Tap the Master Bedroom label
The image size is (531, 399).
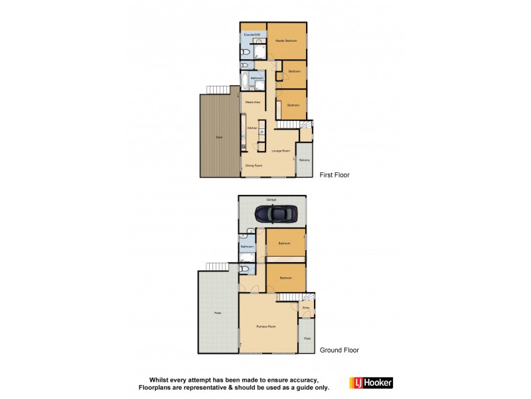(x=286, y=41)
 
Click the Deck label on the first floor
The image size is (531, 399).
(x=218, y=137)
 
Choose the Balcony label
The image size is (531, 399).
(x=304, y=160)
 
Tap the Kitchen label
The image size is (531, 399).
(x=252, y=128)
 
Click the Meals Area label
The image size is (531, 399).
(x=252, y=102)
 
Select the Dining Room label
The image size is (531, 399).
(x=254, y=166)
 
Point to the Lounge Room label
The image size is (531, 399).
(x=281, y=151)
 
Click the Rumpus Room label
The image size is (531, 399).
(x=266, y=327)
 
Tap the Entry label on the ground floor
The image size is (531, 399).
(x=306, y=308)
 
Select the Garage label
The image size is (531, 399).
(x=271, y=199)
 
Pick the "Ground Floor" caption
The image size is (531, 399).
(x=339, y=350)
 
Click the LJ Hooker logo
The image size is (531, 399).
(x=371, y=382)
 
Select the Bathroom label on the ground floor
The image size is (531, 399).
(x=247, y=247)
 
